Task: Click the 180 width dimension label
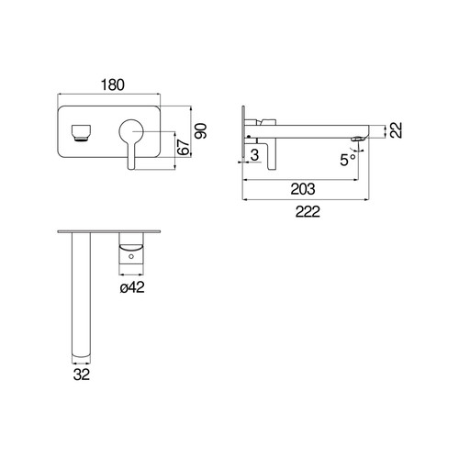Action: coord(113,84)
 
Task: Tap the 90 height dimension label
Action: coord(201,131)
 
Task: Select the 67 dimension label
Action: coord(184,148)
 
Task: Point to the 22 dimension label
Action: coord(396,130)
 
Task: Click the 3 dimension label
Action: coord(254,155)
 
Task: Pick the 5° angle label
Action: coord(348,160)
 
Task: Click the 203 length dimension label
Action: coord(303,189)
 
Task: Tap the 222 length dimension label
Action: coord(308,211)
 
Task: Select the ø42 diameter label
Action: coord(132,287)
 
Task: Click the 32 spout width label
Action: coord(82,375)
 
